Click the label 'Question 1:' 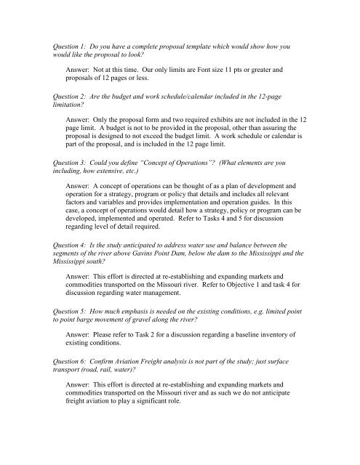64,45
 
